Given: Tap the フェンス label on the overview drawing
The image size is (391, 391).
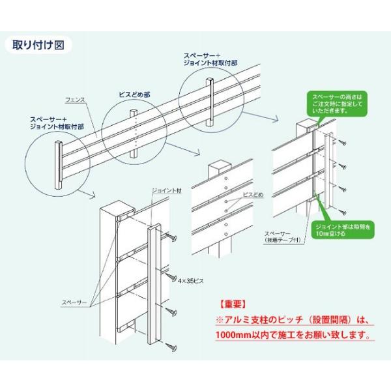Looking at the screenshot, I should [76, 99].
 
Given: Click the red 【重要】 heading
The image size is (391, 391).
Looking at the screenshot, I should [231, 304].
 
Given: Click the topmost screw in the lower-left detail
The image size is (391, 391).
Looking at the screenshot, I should [172, 238].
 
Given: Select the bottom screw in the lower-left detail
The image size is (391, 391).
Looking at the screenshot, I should [172, 344].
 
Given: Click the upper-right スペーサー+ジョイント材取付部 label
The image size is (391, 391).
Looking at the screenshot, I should [208, 62].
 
